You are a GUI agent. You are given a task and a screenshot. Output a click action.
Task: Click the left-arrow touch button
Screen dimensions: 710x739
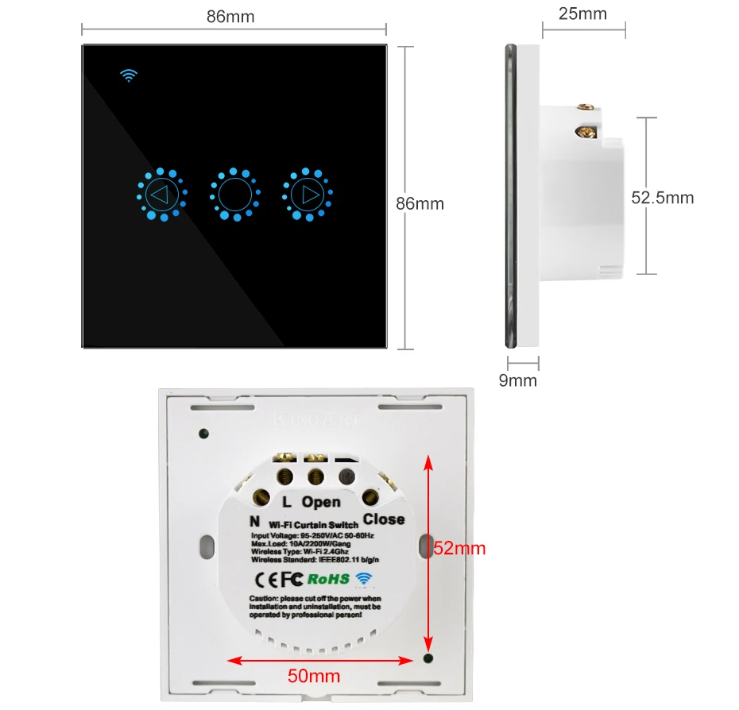161,194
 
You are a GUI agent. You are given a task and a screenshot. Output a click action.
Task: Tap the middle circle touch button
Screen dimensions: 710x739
234,194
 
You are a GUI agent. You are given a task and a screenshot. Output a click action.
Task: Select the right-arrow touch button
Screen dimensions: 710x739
308,194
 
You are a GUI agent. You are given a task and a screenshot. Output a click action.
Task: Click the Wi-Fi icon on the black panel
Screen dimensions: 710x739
129,75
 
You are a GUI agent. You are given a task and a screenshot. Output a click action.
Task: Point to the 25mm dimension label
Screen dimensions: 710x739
583,14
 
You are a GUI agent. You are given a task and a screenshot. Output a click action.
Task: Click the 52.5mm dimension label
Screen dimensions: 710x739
663,198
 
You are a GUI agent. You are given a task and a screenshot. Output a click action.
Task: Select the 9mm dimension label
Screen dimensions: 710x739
517,380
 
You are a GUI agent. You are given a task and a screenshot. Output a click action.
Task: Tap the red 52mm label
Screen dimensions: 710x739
459,548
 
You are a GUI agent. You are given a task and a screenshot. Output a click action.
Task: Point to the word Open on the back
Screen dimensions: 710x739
321,501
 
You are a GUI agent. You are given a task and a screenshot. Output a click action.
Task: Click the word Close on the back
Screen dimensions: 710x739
384,519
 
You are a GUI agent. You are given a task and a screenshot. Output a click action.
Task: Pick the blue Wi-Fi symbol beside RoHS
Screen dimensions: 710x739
363,578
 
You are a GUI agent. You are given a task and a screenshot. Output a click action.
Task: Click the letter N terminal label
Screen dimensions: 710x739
255,522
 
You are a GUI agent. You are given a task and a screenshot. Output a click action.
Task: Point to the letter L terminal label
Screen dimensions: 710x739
288,501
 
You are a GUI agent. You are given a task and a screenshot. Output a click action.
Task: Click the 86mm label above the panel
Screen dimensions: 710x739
230,17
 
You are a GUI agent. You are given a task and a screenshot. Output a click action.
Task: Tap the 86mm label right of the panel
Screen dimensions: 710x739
420,204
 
